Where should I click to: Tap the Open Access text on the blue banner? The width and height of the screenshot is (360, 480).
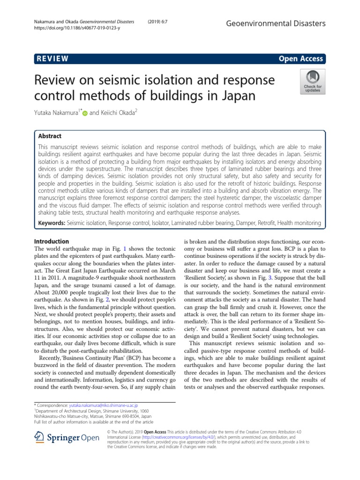coord(300,59)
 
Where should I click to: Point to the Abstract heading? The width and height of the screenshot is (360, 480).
coord(50,136)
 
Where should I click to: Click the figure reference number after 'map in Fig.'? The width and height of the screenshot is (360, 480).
coord(125,248)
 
